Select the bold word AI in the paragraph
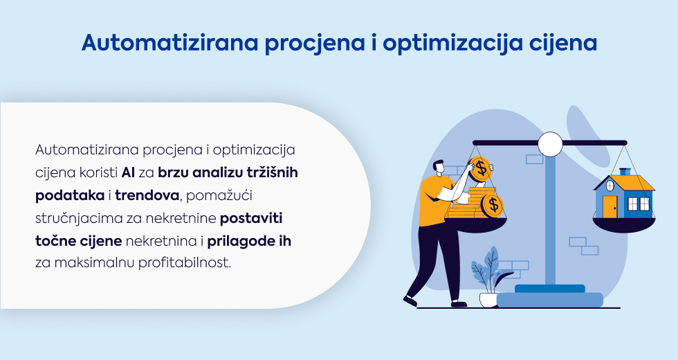tap(129, 172)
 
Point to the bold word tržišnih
tap(273, 172)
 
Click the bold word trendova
tap(147, 195)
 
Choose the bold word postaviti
tap(251, 218)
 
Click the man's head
tap(438, 168)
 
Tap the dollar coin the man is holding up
tap(480, 169)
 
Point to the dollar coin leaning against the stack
tap(492, 206)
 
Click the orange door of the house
tap(610, 206)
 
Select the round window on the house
tap(610, 186)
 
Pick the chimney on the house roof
tap(625, 172)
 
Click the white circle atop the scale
tap(550, 144)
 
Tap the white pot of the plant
tap(488, 300)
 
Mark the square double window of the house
tap(638, 204)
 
